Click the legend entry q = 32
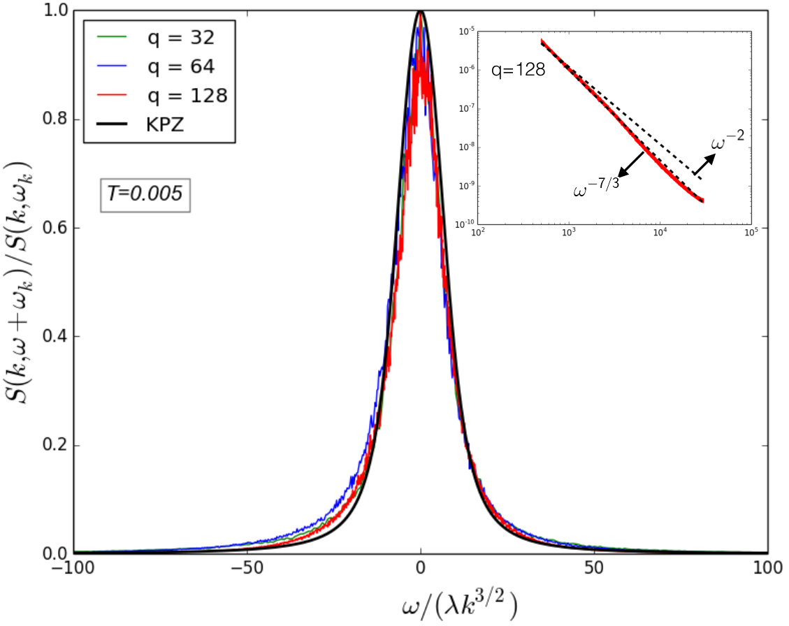pos(155,37)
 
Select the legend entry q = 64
pos(155,66)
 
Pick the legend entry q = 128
pos(161,95)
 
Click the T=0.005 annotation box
pos(145,194)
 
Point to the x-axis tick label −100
pos(73,568)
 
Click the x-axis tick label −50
pos(247,568)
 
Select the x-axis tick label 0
pos(421,568)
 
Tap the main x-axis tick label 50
pos(594,568)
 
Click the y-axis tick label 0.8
pos(55,119)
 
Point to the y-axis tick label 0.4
pos(55,337)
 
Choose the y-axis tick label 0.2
pos(55,445)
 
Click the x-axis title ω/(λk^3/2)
pos(460,606)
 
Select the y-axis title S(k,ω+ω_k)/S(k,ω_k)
pos(19,282)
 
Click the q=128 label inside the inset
pos(519,70)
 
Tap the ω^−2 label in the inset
pos(728,140)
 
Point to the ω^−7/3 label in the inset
pos(596,188)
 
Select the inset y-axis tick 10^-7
pos(466,109)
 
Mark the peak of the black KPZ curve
pos(421,11)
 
